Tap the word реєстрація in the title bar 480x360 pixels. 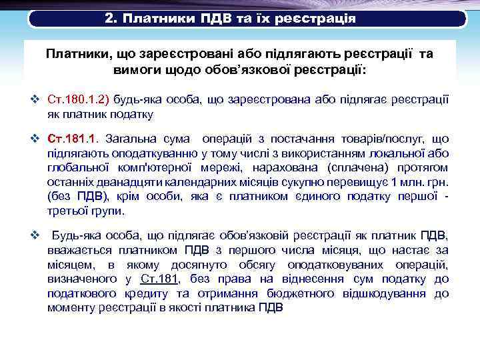(x=313, y=19)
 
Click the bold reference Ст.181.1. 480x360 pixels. (x=73, y=139)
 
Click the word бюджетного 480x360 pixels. (x=301, y=293)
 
